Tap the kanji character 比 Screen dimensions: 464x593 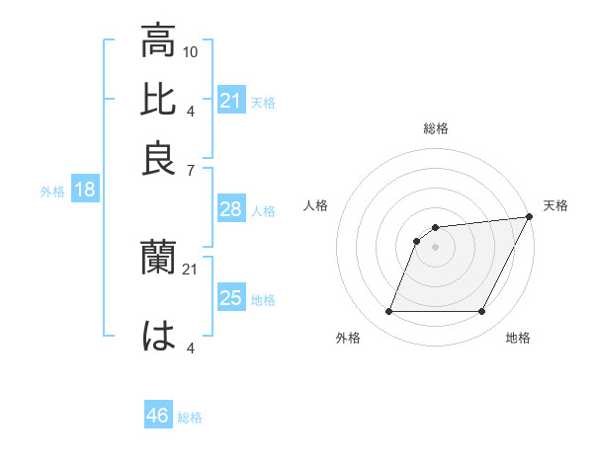[x=158, y=100]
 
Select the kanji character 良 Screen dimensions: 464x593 [x=158, y=158]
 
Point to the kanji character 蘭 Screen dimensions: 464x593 [x=158, y=259]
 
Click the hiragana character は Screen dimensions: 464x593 [x=158, y=336]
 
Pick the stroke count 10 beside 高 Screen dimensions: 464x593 [x=192, y=51]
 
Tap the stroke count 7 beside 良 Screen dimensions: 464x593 [x=190, y=170]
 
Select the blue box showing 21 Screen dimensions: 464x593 [x=230, y=100]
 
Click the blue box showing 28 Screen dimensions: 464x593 [x=230, y=209]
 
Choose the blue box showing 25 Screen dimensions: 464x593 [x=230, y=298]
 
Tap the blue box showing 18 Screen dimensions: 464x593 [x=84, y=191]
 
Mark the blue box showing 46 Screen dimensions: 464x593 [x=158, y=416]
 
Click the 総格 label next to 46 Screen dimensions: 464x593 [x=191, y=418]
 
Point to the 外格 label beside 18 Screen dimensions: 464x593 [x=52, y=192]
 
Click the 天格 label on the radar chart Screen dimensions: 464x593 [x=555, y=205]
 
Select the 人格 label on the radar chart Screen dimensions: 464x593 [x=315, y=205]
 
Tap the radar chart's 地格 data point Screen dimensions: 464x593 [x=481, y=312]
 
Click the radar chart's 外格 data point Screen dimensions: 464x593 [x=388, y=312]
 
